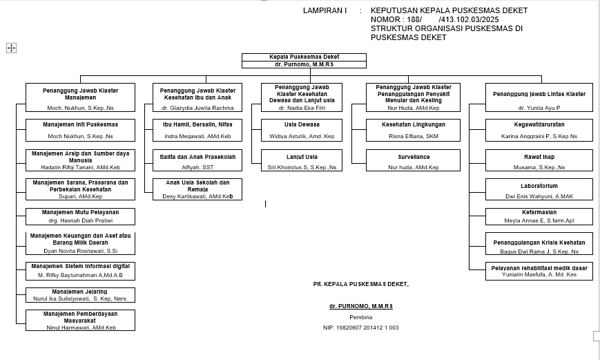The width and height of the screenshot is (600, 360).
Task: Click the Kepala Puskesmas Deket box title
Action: coord(294,57)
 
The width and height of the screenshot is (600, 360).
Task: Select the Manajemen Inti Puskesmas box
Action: coord(80,130)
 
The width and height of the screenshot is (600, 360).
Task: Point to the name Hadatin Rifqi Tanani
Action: coord(80,167)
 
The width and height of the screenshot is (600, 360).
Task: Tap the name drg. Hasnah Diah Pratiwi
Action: coord(80,220)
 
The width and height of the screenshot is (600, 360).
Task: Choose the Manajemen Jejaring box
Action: coord(80,295)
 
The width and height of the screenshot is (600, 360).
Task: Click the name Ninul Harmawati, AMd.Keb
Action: coord(80,327)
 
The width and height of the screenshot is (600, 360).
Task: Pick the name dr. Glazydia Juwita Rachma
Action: coord(197,108)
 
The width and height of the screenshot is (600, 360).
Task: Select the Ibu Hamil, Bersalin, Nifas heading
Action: coord(197,124)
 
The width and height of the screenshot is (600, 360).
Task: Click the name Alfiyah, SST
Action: coord(197,167)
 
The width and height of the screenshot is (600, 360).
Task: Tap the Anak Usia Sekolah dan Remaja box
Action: coord(197,189)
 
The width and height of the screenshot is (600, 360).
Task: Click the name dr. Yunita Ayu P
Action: coord(539,108)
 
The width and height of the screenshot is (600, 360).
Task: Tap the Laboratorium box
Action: coord(539,190)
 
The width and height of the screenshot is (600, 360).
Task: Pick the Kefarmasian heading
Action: coord(539,212)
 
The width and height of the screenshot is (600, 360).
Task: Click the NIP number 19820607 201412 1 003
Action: coord(360,328)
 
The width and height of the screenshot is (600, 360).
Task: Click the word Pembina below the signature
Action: coord(360,316)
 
